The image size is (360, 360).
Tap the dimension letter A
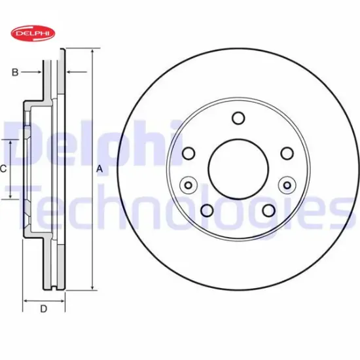point(99,168)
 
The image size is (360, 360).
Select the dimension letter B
point(14,72)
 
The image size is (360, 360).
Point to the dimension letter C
point(3,169)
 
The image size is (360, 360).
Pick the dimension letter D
point(43,310)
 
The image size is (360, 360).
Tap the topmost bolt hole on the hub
point(238,118)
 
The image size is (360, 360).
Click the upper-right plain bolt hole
point(286,153)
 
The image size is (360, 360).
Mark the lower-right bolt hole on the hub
point(268,210)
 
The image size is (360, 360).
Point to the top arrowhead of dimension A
point(92,52)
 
